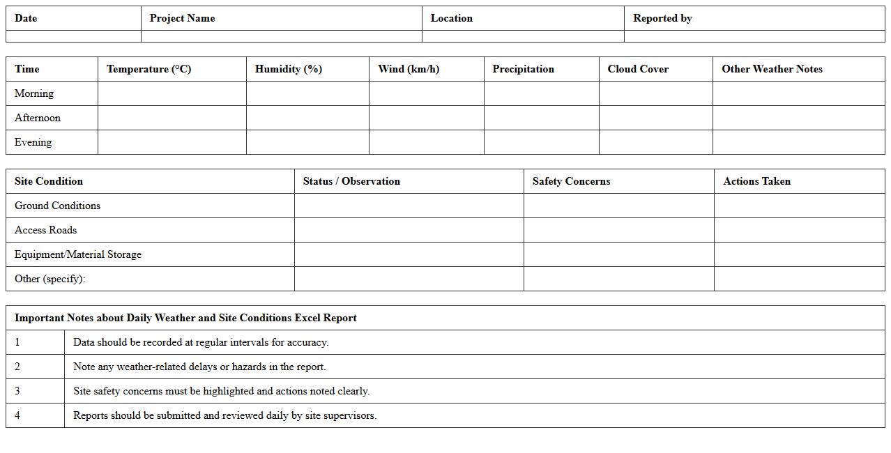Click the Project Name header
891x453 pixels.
click(182, 18)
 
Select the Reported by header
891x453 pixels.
click(662, 18)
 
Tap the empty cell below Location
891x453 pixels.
click(523, 36)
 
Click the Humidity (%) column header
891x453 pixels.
click(288, 69)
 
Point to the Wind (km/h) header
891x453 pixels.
click(409, 69)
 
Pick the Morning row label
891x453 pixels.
click(34, 93)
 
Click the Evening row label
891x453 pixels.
click(33, 142)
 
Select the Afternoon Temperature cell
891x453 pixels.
click(172, 118)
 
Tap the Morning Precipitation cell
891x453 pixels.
click(541, 93)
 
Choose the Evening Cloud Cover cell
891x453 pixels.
click(655, 142)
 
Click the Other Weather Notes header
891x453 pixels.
click(772, 69)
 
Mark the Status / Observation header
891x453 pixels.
click(351, 181)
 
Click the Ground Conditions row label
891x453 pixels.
click(57, 206)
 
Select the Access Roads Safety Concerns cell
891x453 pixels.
click(618, 230)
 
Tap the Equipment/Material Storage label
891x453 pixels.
click(78, 254)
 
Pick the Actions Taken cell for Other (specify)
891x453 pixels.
click(799, 279)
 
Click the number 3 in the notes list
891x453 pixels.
click(17, 391)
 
